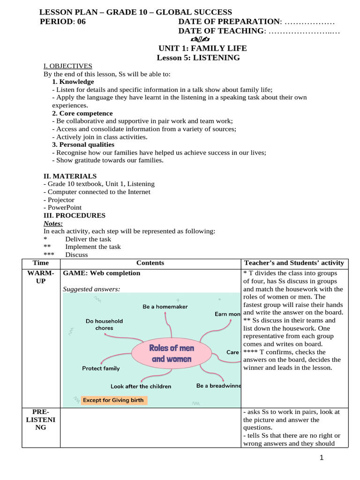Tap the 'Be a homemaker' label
(165, 307)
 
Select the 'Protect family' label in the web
(101, 368)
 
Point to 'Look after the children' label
(141, 386)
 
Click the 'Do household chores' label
(104, 324)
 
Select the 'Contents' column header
(150, 263)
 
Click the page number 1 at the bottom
(322, 458)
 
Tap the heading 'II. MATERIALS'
(70, 176)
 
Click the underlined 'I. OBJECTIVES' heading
(68, 66)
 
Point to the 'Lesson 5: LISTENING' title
(198, 58)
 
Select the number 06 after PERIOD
(81, 22)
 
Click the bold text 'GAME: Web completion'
(102, 273)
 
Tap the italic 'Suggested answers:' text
(91, 289)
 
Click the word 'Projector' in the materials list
(59, 200)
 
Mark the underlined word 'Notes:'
(53, 224)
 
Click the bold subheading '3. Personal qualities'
(83, 144)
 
